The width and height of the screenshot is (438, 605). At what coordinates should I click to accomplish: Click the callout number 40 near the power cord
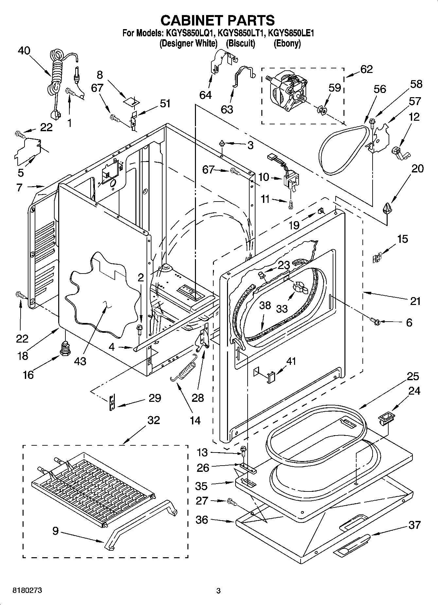(24, 51)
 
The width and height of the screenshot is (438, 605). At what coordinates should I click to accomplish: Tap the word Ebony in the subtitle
(287, 43)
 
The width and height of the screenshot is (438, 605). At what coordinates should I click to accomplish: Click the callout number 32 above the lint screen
(153, 420)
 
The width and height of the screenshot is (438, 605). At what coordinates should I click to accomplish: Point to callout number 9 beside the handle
(55, 531)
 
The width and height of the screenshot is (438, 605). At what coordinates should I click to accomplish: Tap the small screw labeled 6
(376, 322)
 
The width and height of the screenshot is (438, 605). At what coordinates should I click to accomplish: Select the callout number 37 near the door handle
(414, 525)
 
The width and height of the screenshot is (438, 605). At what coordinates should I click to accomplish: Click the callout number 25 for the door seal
(413, 377)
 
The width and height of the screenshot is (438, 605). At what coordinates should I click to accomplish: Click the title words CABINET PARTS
(218, 20)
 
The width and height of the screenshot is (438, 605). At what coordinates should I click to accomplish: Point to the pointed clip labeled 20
(387, 208)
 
